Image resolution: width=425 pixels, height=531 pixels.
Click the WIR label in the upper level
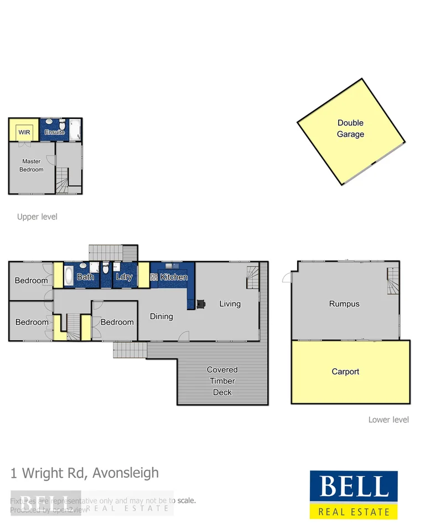(x=24, y=133)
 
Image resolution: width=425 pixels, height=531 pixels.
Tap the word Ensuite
(x=55, y=133)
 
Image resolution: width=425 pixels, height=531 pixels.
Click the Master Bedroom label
(x=32, y=165)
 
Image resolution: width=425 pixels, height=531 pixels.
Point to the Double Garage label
(x=351, y=128)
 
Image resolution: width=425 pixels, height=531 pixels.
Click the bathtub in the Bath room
(x=69, y=275)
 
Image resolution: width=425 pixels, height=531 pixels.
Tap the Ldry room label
(x=124, y=277)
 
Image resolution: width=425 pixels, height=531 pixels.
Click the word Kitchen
(x=174, y=277)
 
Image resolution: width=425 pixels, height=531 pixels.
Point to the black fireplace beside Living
(x=201, y=303)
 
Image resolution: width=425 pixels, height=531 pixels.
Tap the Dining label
(x=162, y=316)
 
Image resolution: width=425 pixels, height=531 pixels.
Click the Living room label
(x=230, y=303)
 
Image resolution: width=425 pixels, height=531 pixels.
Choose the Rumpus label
(x=344, y=304)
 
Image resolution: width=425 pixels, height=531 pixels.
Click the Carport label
(x=345, y=372)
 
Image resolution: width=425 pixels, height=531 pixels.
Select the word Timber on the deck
(x=222, y=381)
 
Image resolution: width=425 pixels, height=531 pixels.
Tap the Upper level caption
(x=37, y=217)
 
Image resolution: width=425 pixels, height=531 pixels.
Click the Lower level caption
(x=388, y=420)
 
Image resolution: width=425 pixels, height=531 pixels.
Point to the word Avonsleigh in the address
(x=126, y=473)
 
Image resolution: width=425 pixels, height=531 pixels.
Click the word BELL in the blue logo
(x=354, y=487)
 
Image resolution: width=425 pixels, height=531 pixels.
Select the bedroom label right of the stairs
(x=117, y=322)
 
